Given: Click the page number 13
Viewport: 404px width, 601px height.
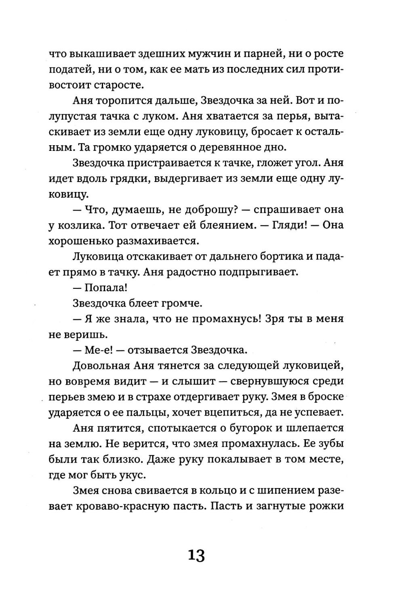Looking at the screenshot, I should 196,556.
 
